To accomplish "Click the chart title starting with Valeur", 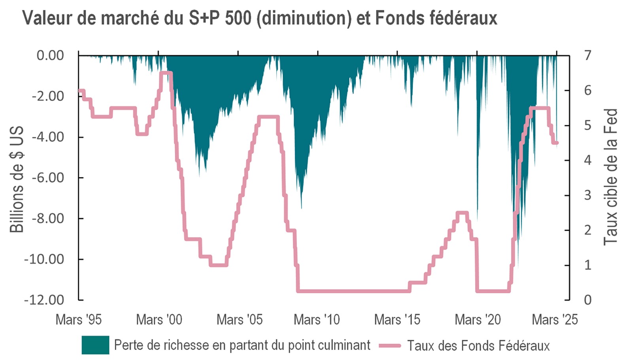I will click(x=259, y=18).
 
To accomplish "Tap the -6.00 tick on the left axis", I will click(x=48, y=178).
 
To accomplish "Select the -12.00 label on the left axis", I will click(x=44, y=300).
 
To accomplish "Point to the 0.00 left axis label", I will click(x=50, y=55).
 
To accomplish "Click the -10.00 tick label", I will click(x=44, y=259).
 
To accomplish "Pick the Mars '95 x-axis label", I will click(x=79, y=319).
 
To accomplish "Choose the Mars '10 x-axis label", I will click(x=317, y=319).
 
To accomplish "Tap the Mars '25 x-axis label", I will click(x=555, y=319).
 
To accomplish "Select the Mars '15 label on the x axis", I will click(x=397, y=319).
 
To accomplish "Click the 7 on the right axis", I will click(x=588, y=55).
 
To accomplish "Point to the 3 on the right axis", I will click(x=588, y=195).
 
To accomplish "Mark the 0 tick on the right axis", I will click(x=588, y=300).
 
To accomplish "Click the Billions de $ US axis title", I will click(x=17, y=179).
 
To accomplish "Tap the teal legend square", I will click(x=95, y=345).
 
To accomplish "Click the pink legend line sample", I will click(x=390, y=346).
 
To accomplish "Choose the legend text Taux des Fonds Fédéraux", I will click(x=478, y=346).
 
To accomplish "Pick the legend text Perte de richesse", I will click(x=242, y=345).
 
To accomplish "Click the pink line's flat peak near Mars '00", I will click(x=166, y=73).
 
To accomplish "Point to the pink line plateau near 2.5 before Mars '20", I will click(x=462, y=213).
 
